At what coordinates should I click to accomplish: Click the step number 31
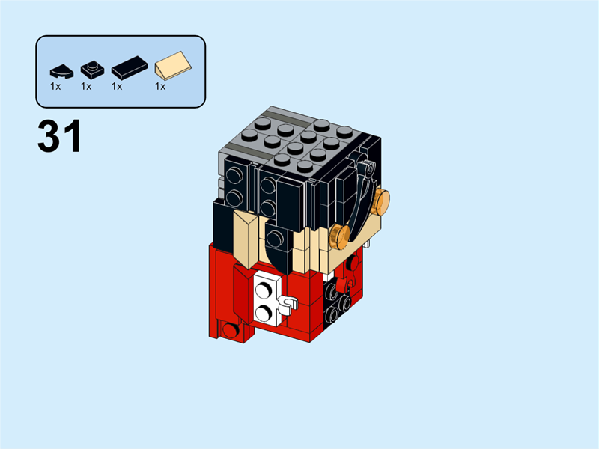pyautogui.click(x=59, y=138)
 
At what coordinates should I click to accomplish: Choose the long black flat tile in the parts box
pyautogui.click(x=129, y=69)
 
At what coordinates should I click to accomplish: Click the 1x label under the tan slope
pyautogui.click(x=159, y=87)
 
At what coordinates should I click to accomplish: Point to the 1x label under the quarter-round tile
pyautogui.click(x=55, y=87)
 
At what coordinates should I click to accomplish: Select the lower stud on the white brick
pyautogui.click(x=264, y=310)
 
